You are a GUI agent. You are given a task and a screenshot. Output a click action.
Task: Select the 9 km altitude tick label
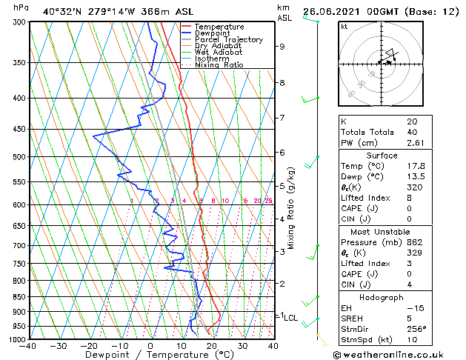(282, 47)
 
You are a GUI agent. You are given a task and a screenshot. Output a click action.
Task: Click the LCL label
(291, 318)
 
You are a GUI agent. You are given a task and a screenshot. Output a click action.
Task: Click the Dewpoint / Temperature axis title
(151, 356)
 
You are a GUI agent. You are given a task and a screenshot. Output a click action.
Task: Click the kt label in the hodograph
(344, 26)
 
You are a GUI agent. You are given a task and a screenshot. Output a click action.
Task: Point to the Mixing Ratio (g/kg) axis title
(291, 207)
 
